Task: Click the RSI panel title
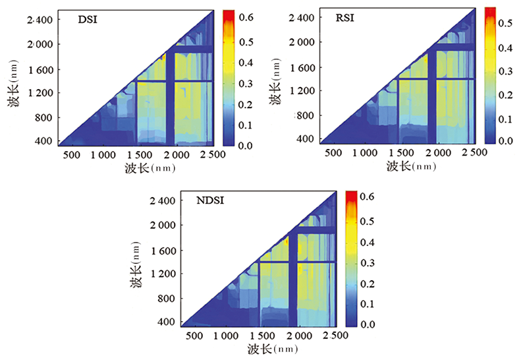point(344,18)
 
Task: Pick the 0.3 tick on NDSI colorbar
point(369,260)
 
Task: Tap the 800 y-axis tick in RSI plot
point(304,115)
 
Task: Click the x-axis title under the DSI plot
point(146,168)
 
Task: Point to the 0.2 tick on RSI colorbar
point(506,94)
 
